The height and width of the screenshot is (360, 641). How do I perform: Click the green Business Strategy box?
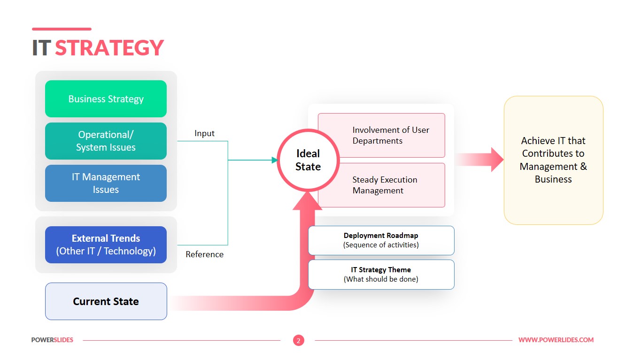tap(106, 99)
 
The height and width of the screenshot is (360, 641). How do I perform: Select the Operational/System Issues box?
tap(106, 141)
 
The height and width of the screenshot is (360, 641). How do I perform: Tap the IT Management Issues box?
tap(106, 183)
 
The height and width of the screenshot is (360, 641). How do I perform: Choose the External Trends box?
tap(106, 245)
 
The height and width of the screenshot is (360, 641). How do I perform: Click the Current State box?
tap(106, 301)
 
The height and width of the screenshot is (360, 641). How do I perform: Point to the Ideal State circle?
tap(308, 160)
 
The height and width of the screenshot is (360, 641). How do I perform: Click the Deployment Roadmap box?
tap(381, 240)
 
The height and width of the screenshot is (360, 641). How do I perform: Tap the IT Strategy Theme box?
tap(381, 274)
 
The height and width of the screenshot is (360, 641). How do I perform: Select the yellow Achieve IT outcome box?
tap(553, 160)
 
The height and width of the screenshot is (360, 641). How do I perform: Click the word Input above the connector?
tap(204, 133)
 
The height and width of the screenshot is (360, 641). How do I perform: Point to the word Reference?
tap(204, 254)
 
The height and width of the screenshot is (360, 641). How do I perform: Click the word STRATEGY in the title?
tap(109, 48)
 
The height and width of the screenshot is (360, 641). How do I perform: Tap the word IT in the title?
tap(41, 48)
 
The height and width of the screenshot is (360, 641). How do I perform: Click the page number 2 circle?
tap(298, 340)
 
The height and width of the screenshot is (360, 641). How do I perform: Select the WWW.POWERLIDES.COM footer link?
tap(556, 340)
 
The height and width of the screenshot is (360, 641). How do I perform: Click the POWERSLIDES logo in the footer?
tap(52, 340)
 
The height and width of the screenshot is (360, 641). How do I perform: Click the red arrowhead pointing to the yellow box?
tap(497, 160)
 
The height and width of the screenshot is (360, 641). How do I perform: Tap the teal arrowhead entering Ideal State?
tap(275, 160)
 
